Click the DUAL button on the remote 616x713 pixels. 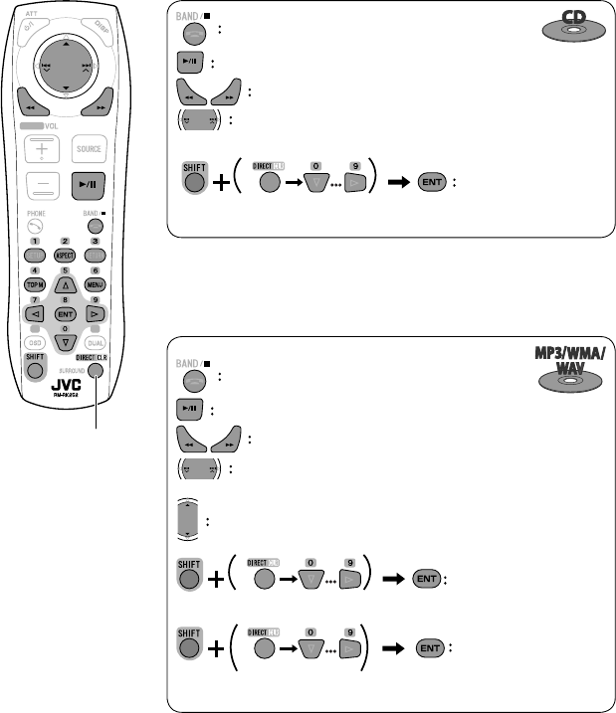[96, 343]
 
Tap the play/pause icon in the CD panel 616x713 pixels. [191, 63]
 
